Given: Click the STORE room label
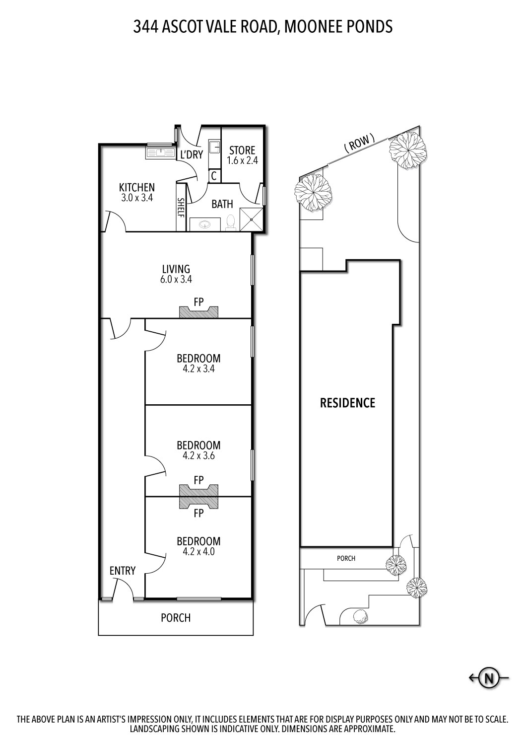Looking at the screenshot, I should coord(242,150).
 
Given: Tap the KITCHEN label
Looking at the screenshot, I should coord(136,187).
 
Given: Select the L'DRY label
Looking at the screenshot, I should coord(192,154).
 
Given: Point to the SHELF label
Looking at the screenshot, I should coord(181,208).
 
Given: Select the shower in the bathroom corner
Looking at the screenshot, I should coord(252,220).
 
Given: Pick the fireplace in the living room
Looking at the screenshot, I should coord(198,312).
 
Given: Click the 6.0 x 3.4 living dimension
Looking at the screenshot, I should coord(176,280).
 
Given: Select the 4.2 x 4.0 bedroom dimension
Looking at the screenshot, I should coord(198,551).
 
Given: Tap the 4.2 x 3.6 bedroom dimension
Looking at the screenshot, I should coord(198,455).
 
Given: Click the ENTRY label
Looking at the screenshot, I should coord(123,571).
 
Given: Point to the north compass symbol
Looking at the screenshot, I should coord(490,677).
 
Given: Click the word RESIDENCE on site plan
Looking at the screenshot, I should coord(347,403).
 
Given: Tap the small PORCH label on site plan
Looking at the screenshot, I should coord(346,558).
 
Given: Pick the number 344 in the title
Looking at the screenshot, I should coord(145,26).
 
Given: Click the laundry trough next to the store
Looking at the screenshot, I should coord(214,148).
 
